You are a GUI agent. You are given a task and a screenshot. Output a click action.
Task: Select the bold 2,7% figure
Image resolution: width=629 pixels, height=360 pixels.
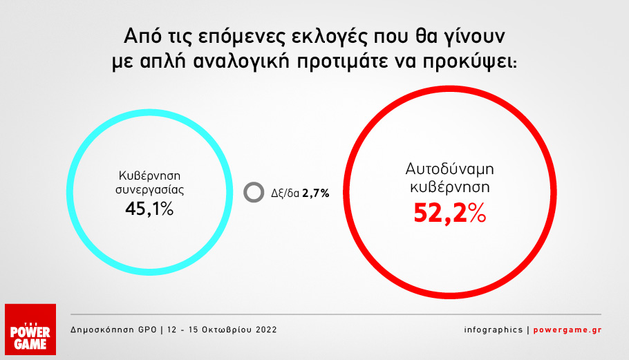(x=315, y=193)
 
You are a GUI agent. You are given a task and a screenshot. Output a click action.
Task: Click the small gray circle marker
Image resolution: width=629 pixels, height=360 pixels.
(x=254, y=192)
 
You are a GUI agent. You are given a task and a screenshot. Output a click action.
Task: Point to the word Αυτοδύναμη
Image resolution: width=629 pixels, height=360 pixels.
(x=450, y=169)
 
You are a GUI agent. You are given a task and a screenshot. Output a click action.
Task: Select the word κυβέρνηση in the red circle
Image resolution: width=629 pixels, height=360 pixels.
(x=450, y=187)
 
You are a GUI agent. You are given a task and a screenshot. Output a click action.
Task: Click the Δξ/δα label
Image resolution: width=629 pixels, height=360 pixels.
(x=285, y=193)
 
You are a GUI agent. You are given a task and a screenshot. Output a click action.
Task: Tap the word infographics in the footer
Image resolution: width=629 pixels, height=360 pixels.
(x=494, y=330)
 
